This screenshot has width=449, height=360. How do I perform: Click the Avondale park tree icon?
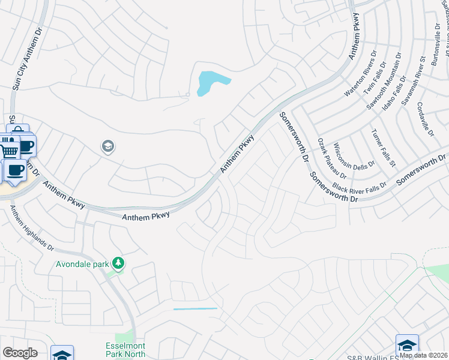[119, 263]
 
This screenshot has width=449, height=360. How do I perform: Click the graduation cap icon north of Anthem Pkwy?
[108, 146]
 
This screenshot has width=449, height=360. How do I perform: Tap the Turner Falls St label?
[383, 148]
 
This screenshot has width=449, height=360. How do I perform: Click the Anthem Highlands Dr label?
[32, 227]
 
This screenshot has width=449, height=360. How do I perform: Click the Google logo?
[20, 352]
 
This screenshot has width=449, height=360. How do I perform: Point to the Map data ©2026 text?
[423, 355]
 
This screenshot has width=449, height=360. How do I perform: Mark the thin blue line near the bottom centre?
[195, 308]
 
